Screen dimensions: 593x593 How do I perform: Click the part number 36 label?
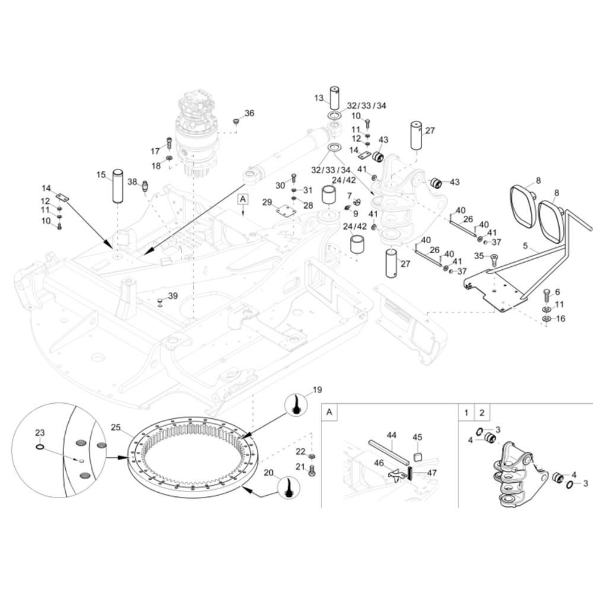tap(249, 113)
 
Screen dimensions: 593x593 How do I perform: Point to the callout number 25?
tap(116, 428)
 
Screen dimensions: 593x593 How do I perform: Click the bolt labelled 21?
tap(313, 470)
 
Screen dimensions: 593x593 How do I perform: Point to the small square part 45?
tap(417, 456)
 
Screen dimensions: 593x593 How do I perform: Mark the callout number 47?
tap(431, 473)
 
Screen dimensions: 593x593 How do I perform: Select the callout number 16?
tap(560, 319)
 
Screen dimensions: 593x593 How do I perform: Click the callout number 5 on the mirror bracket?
tap(525, 245)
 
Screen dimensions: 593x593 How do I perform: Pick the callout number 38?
tap(132, 182)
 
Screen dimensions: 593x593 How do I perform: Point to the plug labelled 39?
tap(160, 303)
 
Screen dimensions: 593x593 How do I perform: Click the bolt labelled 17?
tap(168, 143)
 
